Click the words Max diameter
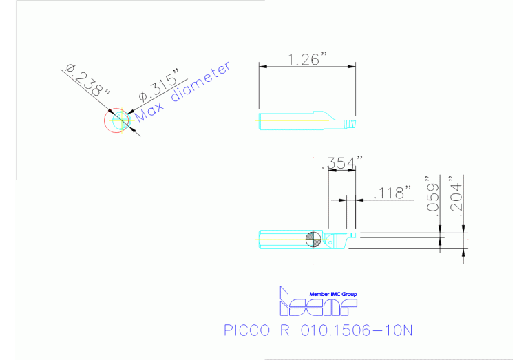(x=183, y=94)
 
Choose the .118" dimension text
(x=392, y=192)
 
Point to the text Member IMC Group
(x=333, y=294)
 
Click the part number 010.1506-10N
(x=356, y=330)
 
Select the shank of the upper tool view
(x=286, y=119)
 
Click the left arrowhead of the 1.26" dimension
(x=261, y=66)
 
